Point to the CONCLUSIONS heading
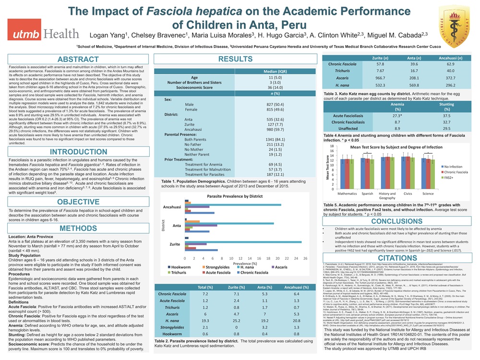tap(397, 221)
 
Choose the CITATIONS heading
tap(397, 258)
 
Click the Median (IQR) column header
tap(276, 71)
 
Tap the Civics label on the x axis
tap(408, 193)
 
